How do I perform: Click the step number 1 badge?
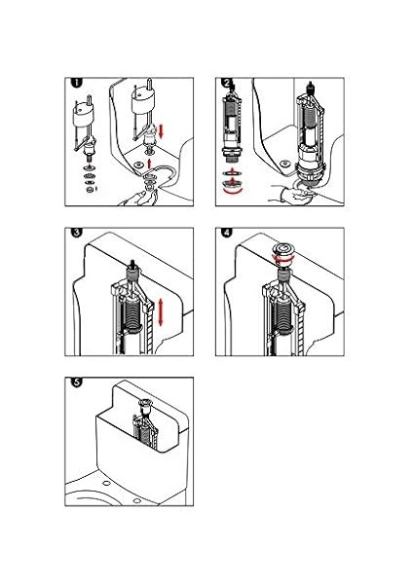click(x=76, y=83)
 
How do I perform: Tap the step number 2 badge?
click(x=227, y=83)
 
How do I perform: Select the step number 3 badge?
click(x=76, y=233)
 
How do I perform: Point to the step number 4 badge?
click(x=227, y=233)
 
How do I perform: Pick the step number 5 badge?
click(x=76, y=382)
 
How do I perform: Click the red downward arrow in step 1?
click(x=161, y=131)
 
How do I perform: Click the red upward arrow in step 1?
click(x=149, y=164)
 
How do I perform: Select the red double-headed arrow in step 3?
click(x=161, y=311)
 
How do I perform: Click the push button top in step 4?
click(x=285, y=249)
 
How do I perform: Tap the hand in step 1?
click(x=138, y=198)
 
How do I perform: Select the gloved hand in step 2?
click(x=292, y=194)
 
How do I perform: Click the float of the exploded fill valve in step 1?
click(x=84, y=119)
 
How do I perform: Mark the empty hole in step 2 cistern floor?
click(x=285, y=164)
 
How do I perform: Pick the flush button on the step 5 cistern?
click(x=145, y=403)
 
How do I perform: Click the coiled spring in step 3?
click(x=132, y=313)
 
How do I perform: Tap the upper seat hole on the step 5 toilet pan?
click(x=106, y=483)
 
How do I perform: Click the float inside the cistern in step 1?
click(x=143, y=101)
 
